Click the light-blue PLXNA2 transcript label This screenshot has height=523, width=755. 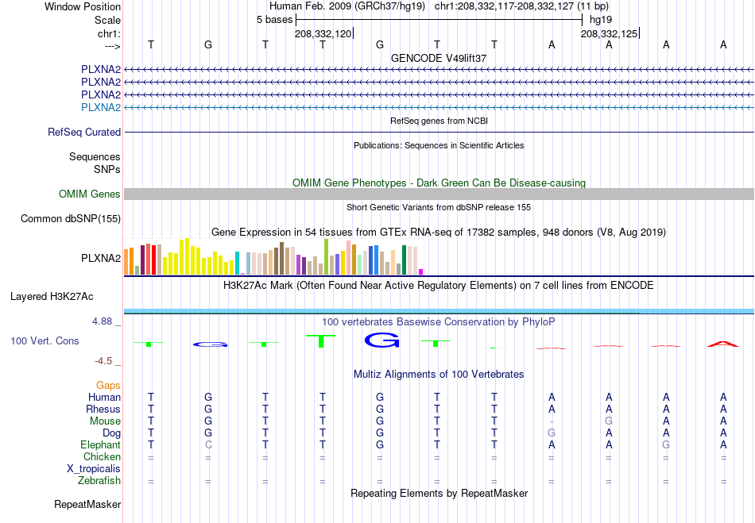[101, 107]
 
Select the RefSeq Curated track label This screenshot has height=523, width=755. [84, 133]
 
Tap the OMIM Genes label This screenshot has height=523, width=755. [90, 194]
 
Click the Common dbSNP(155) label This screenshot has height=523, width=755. [71, 219]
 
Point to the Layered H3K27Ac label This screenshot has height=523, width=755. [52, 297]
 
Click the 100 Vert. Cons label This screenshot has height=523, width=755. [45, 340]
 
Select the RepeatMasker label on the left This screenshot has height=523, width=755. [87, 504]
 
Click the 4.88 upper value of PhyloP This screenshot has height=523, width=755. [102, 321]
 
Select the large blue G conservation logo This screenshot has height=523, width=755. [381, 340]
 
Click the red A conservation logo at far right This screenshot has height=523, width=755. [722, 344]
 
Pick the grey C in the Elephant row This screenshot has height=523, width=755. [208, 444]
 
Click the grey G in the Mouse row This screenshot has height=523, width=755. [609, 421]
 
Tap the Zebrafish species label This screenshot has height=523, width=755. [99, 481]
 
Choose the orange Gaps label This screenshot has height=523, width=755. [108, 386]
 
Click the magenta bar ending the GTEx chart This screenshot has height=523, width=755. [421, 271]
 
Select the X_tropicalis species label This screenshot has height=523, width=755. [94, 469]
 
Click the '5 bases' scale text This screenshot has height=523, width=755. [274, 20]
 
